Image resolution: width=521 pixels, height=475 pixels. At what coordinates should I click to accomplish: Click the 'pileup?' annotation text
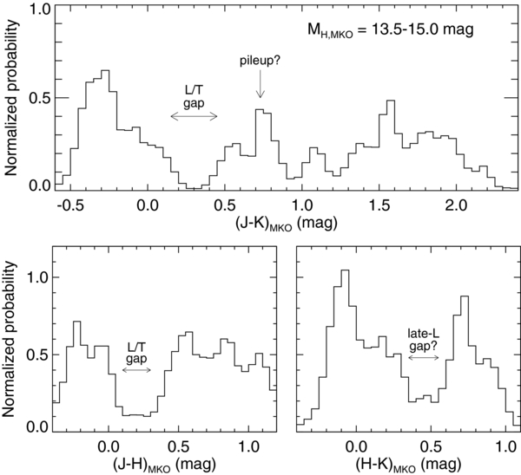pyautogui.click(x=260, y=62)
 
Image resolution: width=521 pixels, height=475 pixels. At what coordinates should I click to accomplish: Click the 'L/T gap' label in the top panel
pyautogui.click(x=194, y=96)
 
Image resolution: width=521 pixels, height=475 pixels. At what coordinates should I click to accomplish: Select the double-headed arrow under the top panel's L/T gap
pyautogui.click(x=194, y=116)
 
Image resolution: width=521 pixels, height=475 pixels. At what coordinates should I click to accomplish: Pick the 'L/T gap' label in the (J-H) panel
pyautogui.click(x=136, y=353)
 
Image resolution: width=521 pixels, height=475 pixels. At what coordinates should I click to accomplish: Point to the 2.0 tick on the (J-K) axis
pyautogui.click(x=456, y=206)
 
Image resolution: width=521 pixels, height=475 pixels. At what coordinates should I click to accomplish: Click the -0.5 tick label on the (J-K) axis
pyautogui.click(x=69, y=206)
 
